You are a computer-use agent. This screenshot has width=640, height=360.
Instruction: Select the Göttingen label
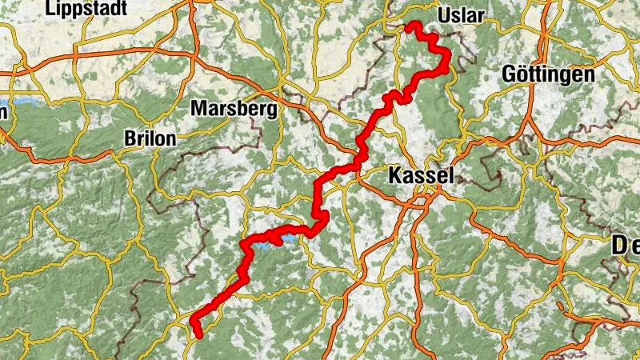tap(548, 74)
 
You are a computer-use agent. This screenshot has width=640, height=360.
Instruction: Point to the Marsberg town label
tap(234, 108)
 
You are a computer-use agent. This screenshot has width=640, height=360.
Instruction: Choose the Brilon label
tap(150, 138)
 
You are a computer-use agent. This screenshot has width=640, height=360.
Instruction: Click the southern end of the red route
tap(197, 334)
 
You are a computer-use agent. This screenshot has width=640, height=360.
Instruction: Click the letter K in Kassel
tap(394, 175)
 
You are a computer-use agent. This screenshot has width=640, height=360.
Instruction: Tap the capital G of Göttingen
tap(510, 74)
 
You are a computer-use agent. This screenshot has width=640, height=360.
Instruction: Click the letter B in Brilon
tap(130, 138)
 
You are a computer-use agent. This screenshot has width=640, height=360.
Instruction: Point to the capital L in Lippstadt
tap(53, 9)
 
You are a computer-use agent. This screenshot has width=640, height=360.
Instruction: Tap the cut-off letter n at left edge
tap(3, 112)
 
